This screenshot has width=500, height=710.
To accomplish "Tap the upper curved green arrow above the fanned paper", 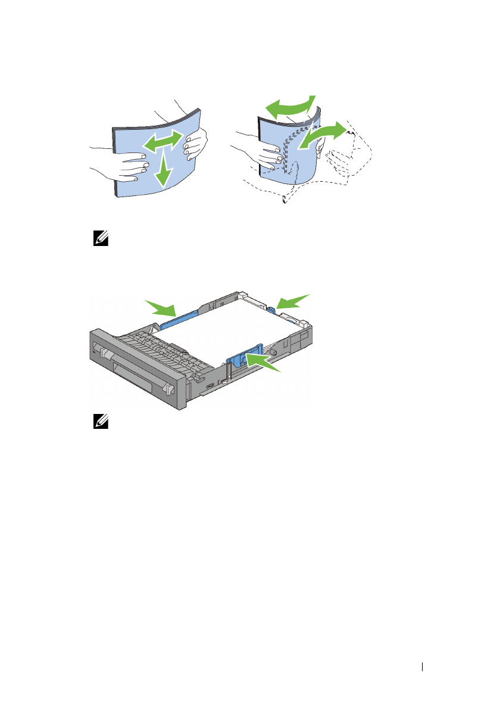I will click(289, 108).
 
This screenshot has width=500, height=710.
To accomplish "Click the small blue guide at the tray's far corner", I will click(271, 309).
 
